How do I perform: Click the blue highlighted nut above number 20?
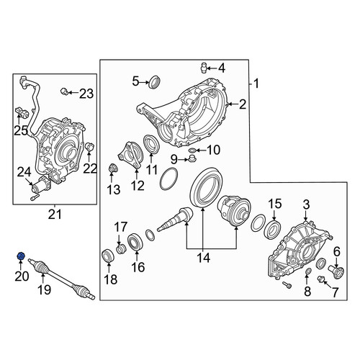pyautogui.click(x=21, y=256)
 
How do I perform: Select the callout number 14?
pyautogui.click(x=204, y=258)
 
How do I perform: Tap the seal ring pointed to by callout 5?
pyautogui.click(x=154, y=81)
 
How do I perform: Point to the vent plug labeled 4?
pyautogui.click(x=204, y=68)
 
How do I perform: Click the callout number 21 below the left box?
pyautogui.click(x=55, y=215)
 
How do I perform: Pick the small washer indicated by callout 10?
pyautogui.click(x=192, y=150)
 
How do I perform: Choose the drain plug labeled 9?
pyautogui.click(x=192, y=158)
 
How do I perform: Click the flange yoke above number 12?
pyautogui.click(x=130, y=156)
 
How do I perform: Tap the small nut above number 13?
pyautogui.click(x=112, y=168)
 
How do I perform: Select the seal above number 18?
pyautogui.click(x=107, y=256)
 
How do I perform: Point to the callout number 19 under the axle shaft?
pyautogui.click(x=45, y=289)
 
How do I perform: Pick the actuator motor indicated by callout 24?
pyautogui.click(x=41, y=186)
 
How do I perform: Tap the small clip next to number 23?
pyautogui.click(x=64, y=91)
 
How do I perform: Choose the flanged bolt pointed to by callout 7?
pyautogui.click(x=320, y=279)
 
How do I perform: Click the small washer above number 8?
pyautogui.click(x=308, y=271)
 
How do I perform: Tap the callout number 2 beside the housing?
pyautogui.click(x=243, y=104)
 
